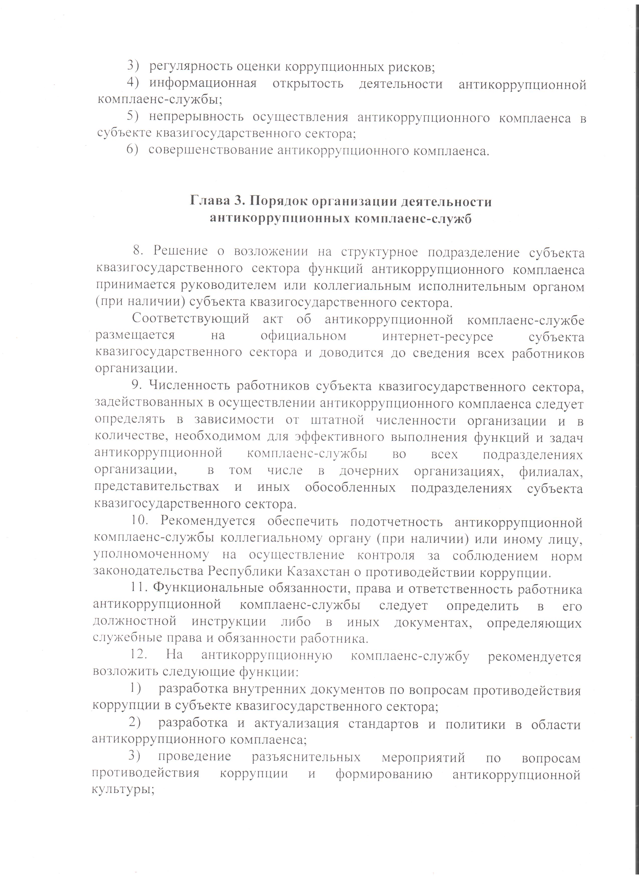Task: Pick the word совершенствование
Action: point(211,150)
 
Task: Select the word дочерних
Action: point(369,471)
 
